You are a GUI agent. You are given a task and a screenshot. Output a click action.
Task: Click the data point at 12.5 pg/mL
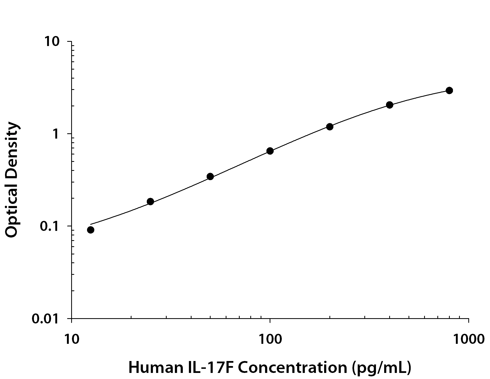(x=90, y=230)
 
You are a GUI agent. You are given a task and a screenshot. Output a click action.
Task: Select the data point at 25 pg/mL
(x=150, y=202)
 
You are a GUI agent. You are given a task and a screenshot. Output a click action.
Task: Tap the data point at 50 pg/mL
(x=210, y=176)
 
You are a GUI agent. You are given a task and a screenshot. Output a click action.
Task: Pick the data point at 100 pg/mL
(x=270, y=151)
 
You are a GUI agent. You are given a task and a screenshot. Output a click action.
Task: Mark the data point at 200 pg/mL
(x=330, y=127)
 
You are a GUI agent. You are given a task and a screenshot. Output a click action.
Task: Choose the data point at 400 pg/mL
(x=389, y=105)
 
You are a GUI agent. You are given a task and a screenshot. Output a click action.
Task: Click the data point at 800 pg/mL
(x=449, y=90)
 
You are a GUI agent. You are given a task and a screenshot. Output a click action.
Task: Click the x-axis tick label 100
(x=270, y=339)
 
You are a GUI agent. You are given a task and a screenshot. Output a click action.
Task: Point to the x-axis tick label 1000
(x=469, y=339)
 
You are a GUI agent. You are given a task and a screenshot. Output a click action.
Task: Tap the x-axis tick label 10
(x=71, y=339)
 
